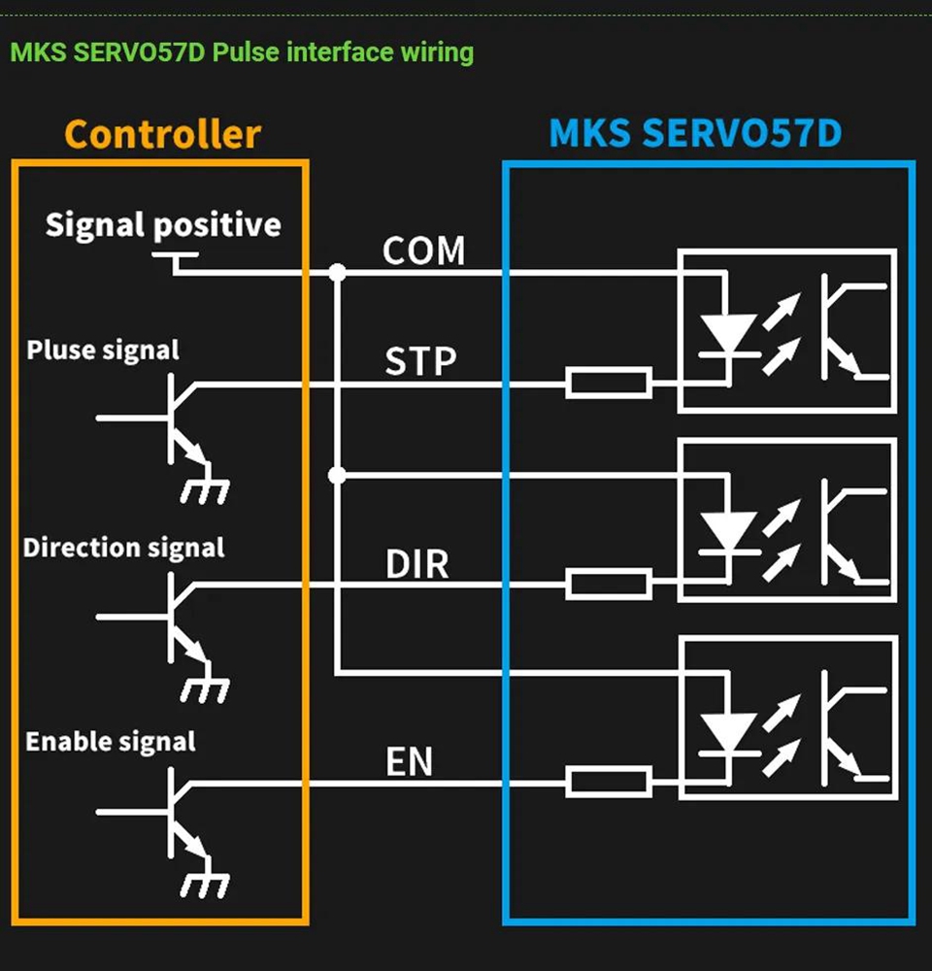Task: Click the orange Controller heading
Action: point(162,134)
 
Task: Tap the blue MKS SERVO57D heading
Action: point(695,133)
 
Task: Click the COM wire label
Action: point(423,251)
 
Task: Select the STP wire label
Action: point(420,362)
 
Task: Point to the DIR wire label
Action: point(417,564)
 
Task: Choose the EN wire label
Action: point(409,762)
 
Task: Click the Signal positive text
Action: point(163,225)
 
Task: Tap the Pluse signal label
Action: point(103,350)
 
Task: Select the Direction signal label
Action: point(124,548)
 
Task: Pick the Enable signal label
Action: point(111,742)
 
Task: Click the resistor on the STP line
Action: point(609,384)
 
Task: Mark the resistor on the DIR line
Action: point(609,584)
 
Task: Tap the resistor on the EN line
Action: point(609,781)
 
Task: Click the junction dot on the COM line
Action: point(337,273)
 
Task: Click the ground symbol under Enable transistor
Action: point(205,884)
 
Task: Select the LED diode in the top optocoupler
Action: point(727,335)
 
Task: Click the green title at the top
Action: point(242,51)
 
